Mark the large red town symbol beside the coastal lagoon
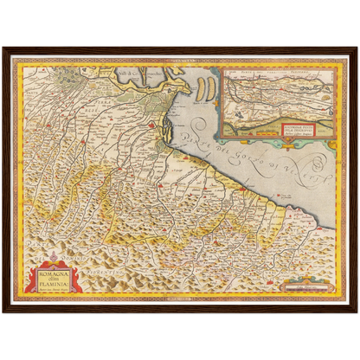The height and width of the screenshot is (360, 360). coord(152,126)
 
